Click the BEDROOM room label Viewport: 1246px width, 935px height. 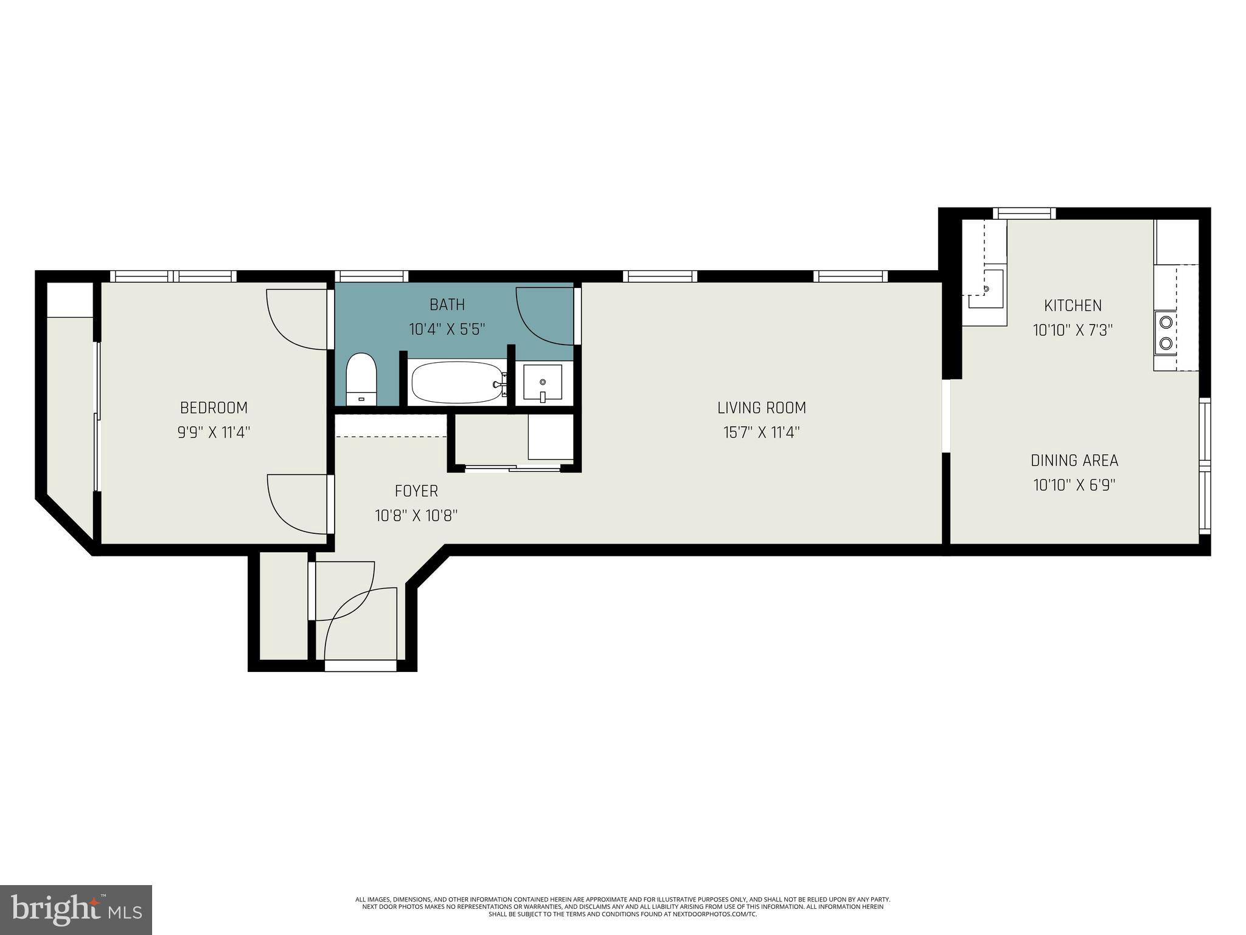point(214,407)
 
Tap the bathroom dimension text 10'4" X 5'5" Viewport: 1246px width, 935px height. point(447,329)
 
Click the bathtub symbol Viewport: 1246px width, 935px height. point(458,382)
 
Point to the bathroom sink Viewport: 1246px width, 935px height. point(543,383)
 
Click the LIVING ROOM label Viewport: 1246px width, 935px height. point(761,407)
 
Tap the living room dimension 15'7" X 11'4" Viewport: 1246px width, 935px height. point(761,433)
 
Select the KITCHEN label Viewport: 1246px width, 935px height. point(1073,305)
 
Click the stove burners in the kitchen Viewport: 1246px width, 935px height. point(1166,332)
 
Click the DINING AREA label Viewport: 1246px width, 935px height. point(1074,460)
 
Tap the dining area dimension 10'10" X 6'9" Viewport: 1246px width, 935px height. point(1074,485)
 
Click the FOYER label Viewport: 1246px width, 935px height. point(416,491)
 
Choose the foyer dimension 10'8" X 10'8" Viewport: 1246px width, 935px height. point(416,516)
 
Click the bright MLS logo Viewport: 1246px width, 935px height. point(76,909)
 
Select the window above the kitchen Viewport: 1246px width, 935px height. point(1025,213)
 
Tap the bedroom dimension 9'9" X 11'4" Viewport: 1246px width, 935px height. point(214,433)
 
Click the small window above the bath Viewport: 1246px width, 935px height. point(371,276)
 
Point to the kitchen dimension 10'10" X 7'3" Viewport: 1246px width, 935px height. point(1073,331)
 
